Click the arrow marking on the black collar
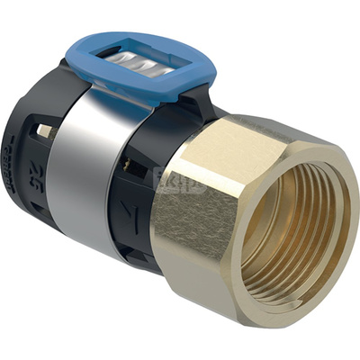click(x=134, y=213)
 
